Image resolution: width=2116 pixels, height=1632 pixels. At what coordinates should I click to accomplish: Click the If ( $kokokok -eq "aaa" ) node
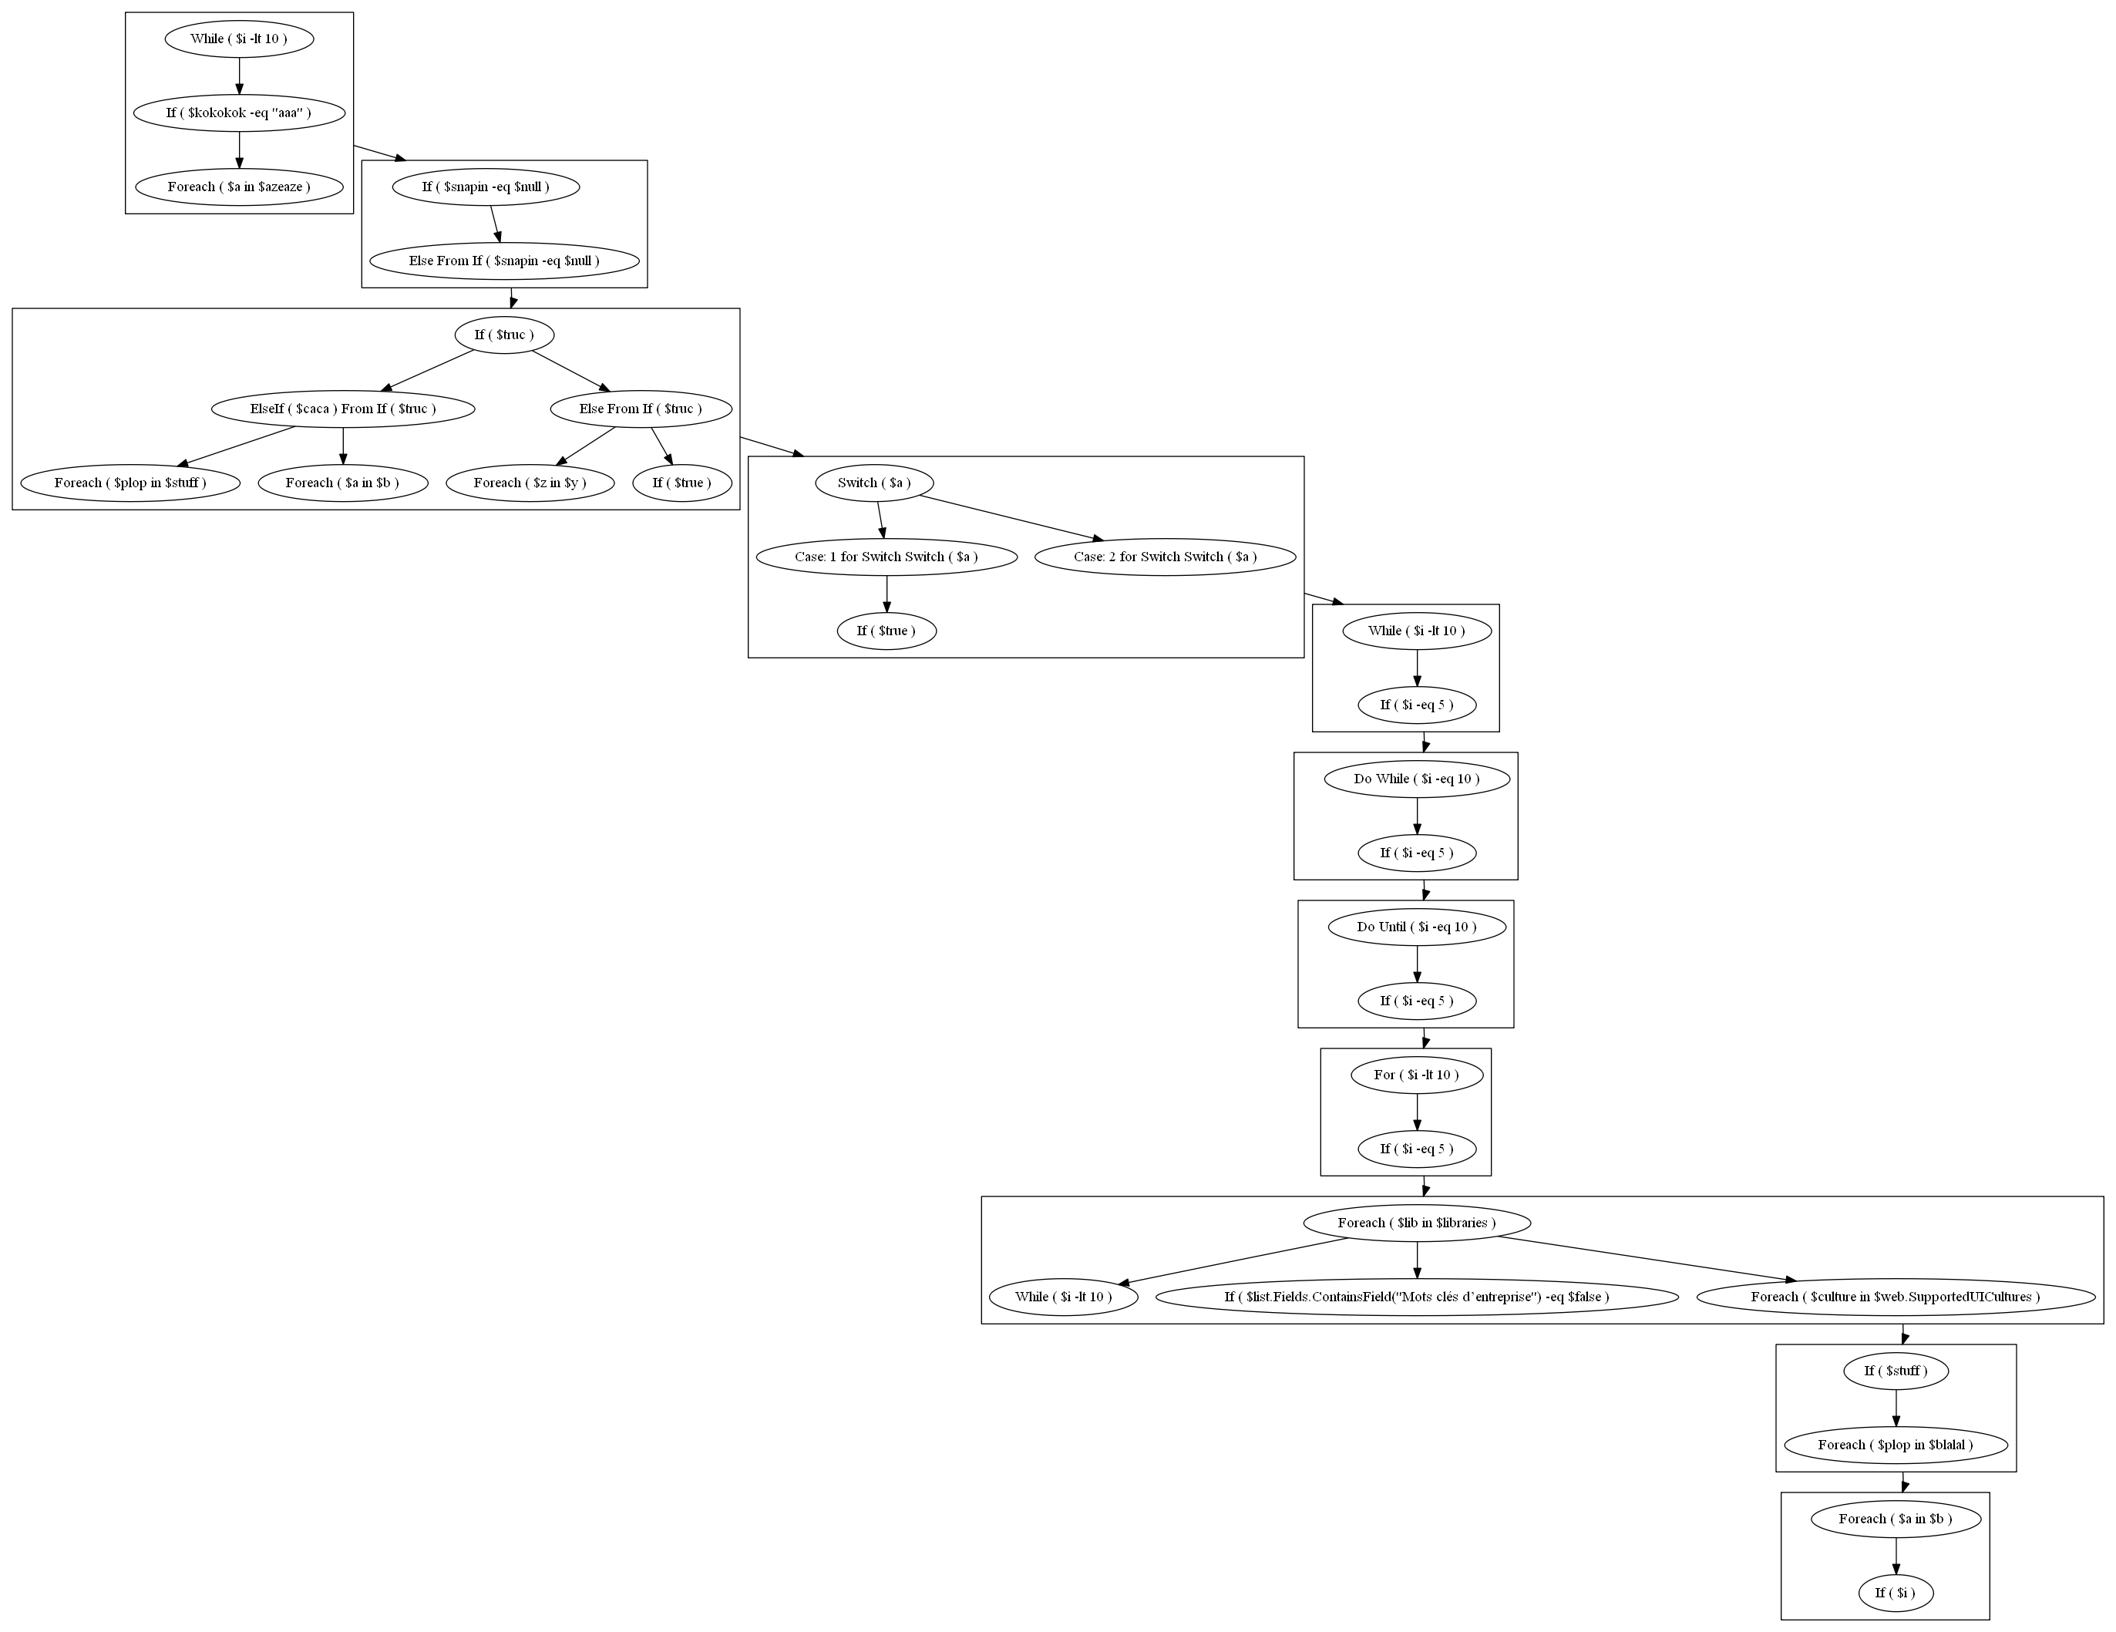coord(239,113)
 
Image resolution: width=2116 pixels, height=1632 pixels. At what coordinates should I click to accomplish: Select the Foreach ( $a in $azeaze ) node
coord(239,186)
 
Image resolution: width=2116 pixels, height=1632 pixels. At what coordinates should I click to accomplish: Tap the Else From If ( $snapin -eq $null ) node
coord(504,261)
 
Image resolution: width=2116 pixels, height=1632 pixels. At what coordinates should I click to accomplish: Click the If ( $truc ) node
coord(504,335)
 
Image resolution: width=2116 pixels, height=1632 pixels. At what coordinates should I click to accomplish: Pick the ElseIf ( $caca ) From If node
coord(343,408)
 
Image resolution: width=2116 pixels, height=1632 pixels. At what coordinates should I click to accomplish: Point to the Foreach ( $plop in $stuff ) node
coord(130,483)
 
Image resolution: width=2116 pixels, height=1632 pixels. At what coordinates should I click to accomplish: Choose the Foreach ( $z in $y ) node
coord(530,483)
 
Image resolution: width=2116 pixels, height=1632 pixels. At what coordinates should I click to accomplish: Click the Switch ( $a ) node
coord(874,483)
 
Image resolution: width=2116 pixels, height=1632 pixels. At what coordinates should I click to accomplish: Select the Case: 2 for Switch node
coord(1165,557)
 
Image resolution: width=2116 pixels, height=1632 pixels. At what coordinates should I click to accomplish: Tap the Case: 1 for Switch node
coord(886,557)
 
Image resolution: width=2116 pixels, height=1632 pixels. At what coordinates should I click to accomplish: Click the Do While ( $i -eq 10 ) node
coord(1417,778)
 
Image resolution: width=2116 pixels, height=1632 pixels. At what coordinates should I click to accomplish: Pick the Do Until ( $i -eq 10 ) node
coord(1417,927)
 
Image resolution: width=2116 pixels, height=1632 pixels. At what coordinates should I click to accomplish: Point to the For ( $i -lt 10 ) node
coord(1417,1075)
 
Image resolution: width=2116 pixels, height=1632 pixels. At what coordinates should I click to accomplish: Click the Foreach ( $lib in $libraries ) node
coord(1417,1222)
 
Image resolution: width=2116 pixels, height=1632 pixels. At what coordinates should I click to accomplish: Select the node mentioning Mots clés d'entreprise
coord(1417,1297)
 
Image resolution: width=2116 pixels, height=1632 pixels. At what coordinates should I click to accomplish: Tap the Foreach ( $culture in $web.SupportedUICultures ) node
coord(1895,1297)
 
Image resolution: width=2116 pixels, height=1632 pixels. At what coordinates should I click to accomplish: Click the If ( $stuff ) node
coord(1895,1371)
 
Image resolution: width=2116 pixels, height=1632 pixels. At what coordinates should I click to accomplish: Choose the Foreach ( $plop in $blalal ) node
coord(1895,1445)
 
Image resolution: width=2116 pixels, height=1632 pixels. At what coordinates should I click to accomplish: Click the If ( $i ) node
coord(1895,1592)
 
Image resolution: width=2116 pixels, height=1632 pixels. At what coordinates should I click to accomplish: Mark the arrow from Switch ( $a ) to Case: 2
coord(1008,517)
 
